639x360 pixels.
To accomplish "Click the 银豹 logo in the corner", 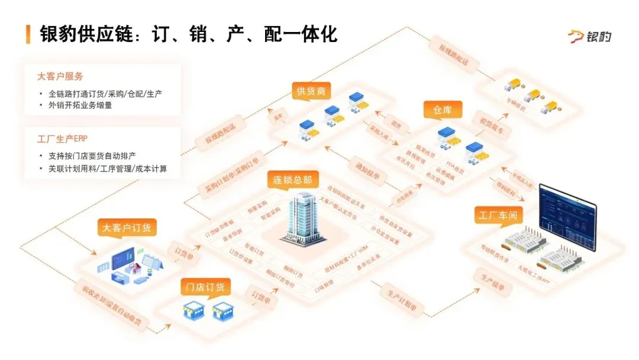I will pyautogui.click(x=589, y=37).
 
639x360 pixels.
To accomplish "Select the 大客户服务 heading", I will pyautogui.click(x=60, y=76).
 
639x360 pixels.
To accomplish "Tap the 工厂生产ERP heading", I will pyautogui.click(x=62, y=139).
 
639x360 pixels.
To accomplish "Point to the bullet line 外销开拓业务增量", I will pyautogui.click(x=80, y=105).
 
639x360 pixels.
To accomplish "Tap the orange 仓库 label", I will pyautogui.click(x=443, y=110).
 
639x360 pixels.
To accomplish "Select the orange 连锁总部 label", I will pyautogui.click(x=292, y=179).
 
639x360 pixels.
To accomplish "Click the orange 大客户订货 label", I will pyautogui.click(x=130, y=227).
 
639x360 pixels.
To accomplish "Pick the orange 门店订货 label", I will pyautogui.click(x=205, y=288).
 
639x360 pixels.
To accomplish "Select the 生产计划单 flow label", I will pyautogui.click(x=402, y=301).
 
